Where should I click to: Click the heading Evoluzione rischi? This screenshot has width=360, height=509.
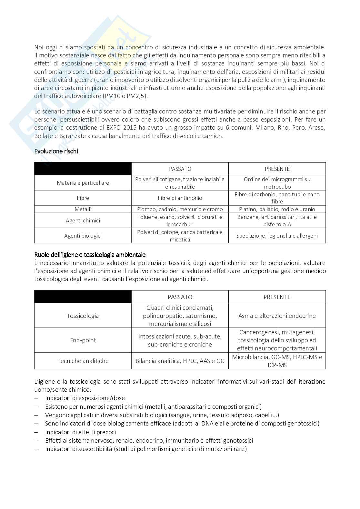56,151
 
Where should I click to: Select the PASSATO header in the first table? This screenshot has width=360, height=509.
180,169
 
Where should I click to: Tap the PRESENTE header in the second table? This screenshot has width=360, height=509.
277,297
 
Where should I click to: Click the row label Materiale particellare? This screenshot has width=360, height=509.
83,183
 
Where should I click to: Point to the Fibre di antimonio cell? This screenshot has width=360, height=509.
180,198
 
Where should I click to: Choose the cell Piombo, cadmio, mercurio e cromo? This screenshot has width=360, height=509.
180,209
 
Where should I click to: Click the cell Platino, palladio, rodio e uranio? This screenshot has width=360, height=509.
277,209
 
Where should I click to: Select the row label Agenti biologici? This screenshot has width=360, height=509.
83,236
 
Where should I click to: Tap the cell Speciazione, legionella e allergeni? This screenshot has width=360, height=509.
277,236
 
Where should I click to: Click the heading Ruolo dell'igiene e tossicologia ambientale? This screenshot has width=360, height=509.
90,255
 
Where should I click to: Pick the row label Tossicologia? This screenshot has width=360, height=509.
83,316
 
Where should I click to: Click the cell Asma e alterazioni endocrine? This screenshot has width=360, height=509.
277,316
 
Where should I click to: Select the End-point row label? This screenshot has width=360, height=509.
83,340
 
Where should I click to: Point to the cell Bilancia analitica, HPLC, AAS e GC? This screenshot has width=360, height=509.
180,361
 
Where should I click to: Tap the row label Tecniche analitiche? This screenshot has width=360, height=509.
83,361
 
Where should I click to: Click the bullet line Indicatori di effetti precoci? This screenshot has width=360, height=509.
80,432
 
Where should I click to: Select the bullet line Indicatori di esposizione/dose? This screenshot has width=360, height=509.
85,398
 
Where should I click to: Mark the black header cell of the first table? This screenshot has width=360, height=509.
83,169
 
